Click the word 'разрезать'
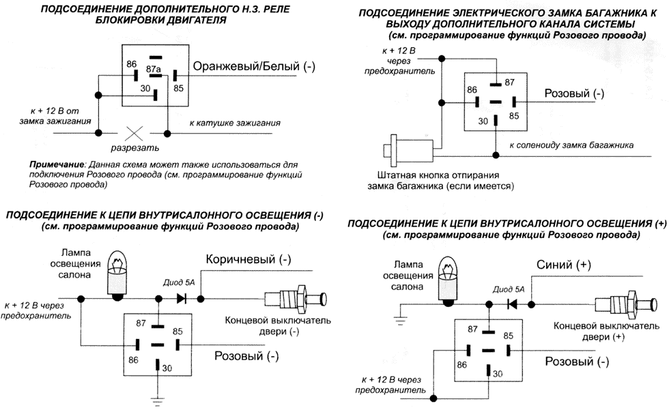click(137, 147)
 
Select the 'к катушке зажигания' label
click(236, 124)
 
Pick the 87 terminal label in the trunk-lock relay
click(508, 81)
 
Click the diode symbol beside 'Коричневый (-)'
click(182, 298)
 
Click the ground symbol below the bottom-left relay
click(159, 400)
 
